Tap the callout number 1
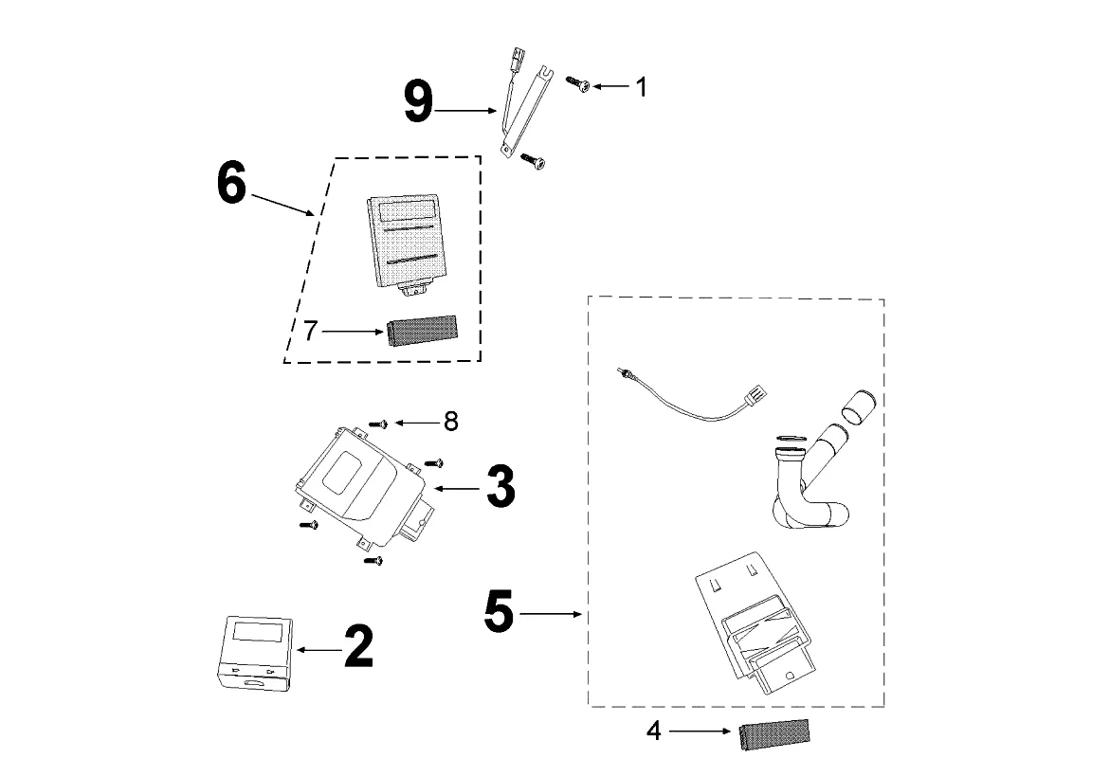pyautogui.click(x=641, y=87)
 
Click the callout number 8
pyautogui.click(x=450, y=422)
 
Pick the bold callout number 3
pyautogui.click(x=500, y=487)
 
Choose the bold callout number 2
pyautogui.click(x=358, y=648)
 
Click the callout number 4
pyautogui.click(x=654, y=732)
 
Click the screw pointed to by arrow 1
pyautogui.click(x=577, y=84)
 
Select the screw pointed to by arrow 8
pyautogui.click(x=379, y=424)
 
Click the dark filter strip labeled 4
pyautogui.click(x=774, y=732)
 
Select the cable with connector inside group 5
pyautogui.click(x=682, y=398)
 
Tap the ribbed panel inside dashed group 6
pyautogui.click(x=405, y=242)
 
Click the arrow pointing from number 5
pyautogui.click(x=550, y=615)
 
